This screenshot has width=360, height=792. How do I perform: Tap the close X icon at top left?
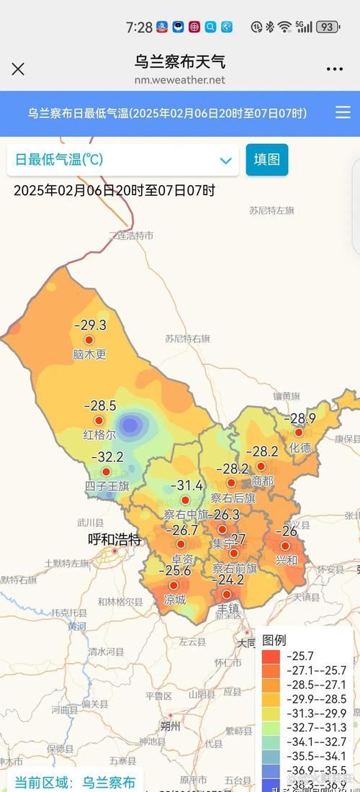tap(18, 69)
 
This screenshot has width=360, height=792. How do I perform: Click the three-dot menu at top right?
tap(335, 69)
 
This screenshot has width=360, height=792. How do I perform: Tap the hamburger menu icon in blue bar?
tap(343, 112)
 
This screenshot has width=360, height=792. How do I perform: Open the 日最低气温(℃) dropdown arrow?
tap(225, 161)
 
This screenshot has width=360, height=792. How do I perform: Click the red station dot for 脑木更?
tap(89, 340)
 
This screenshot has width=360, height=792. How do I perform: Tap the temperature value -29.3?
tap(90, 325)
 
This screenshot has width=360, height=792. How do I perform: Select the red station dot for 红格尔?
tap(99, 420)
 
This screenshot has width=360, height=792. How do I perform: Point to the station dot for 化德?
tap(299, 432)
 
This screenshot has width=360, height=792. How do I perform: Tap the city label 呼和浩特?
tap(114, 539)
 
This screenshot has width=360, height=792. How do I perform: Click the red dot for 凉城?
tap(174, 585)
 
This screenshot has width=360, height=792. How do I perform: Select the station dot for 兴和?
tap(286, 546)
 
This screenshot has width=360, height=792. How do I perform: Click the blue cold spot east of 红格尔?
tap(130, 425)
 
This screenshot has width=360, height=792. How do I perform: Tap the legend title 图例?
tap(274, 640)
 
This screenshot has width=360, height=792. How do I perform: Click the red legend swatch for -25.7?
tap(271, 656)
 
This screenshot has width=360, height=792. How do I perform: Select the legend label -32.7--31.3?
tap(316, 728)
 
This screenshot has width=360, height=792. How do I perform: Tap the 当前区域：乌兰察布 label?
tap(75, 782)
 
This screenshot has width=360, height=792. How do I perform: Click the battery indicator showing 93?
tap(328, 27)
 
